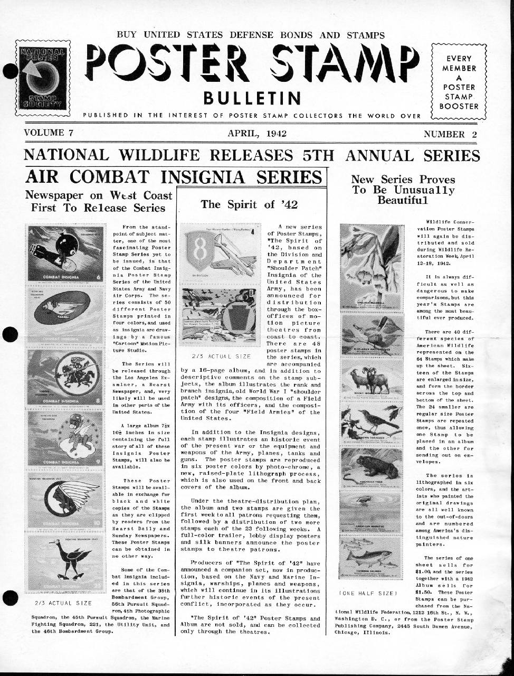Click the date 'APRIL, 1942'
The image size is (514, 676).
(257, 133)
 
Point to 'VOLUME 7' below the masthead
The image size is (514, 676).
(49, 133)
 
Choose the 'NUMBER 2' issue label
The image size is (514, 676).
(450, 134)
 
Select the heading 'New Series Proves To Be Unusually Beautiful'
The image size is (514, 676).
(403, 190)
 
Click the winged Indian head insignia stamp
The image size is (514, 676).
(66, 500)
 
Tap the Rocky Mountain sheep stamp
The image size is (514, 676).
(373, 379)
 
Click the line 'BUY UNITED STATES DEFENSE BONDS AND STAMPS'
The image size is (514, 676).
(250, 35)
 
